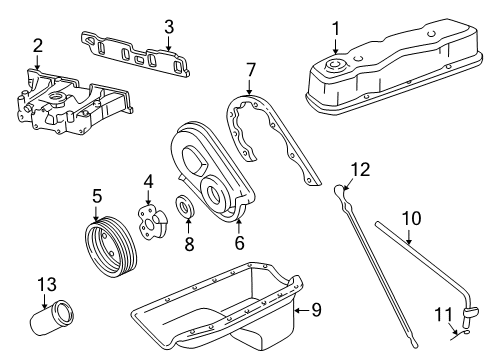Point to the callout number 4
click(x=147, y=181)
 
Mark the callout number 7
click(x=252, y=70)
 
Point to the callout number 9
click(x=315, y=310)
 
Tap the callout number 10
click(x=412, y=217)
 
